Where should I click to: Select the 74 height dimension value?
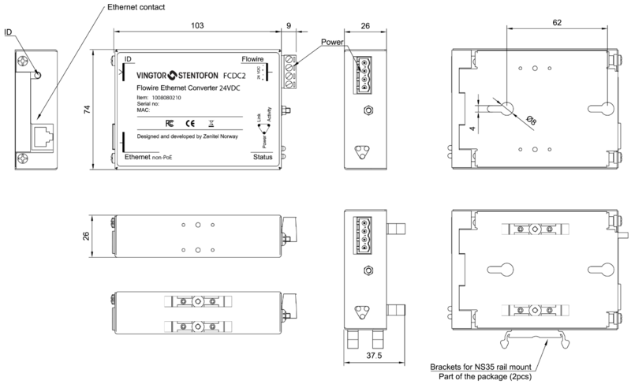click(x=88, y=111)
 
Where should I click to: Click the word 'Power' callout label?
click(x=335, y=42)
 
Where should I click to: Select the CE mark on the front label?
click(x=190, y=123)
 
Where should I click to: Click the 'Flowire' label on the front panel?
click(x=252, y=59)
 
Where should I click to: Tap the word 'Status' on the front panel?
click(x=263, y=158)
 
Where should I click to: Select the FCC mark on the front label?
click(x=169, y=123)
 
